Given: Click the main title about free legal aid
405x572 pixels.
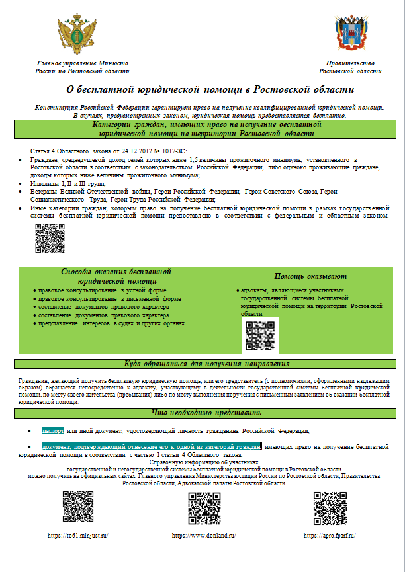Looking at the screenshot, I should [211, 89].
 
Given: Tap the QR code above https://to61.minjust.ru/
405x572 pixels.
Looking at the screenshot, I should [78, 508].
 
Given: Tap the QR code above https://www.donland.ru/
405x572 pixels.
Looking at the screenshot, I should [204, 508].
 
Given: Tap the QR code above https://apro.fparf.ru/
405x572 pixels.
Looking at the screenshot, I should [330, 508].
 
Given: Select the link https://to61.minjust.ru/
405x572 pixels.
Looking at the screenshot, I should [77, 535].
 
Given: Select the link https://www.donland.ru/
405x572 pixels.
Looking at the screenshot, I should [204, 535].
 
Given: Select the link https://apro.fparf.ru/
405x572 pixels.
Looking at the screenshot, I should [329, 535].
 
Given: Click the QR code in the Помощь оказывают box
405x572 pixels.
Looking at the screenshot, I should [259, 335].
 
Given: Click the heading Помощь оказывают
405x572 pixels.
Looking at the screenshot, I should [310, 276].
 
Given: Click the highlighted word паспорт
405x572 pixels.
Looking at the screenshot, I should [53, 430].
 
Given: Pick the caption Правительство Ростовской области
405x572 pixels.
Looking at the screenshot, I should [350, 67].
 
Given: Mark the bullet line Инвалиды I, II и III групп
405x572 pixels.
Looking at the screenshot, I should [63, 183].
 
